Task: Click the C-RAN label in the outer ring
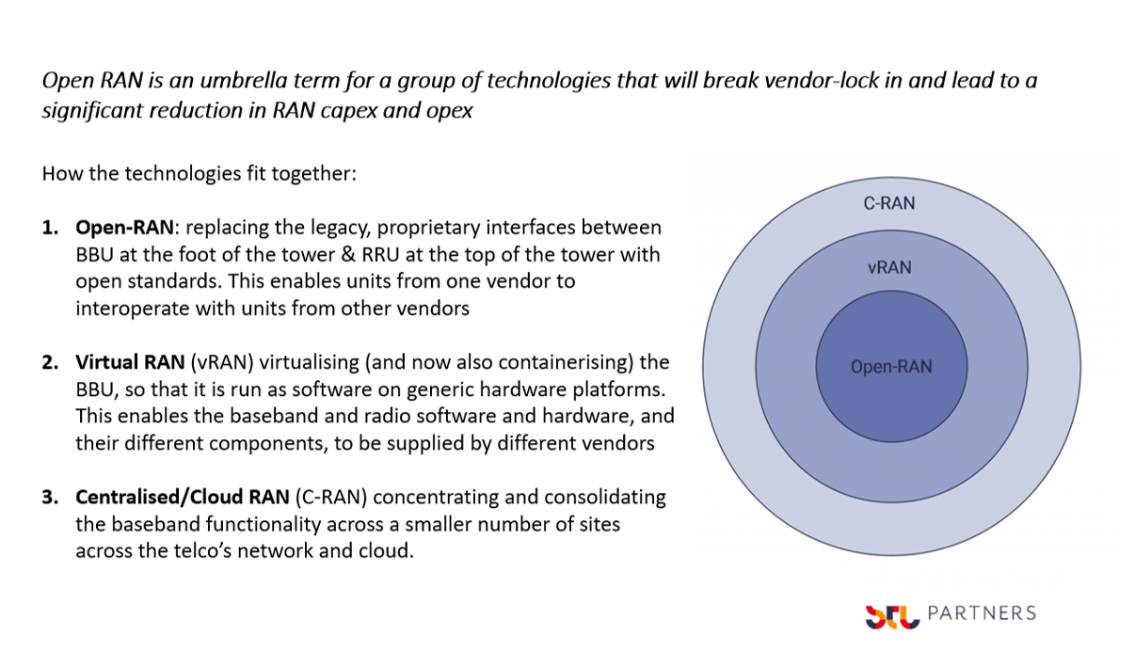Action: [888, 203]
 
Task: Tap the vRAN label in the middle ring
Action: [889, 268]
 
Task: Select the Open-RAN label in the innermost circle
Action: [890, 367]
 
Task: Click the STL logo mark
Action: [891, 616]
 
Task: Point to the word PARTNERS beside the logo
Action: [981, 613]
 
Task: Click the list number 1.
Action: [50, 228]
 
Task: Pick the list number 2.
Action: [50, 363]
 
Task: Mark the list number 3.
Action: [50, 498]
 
